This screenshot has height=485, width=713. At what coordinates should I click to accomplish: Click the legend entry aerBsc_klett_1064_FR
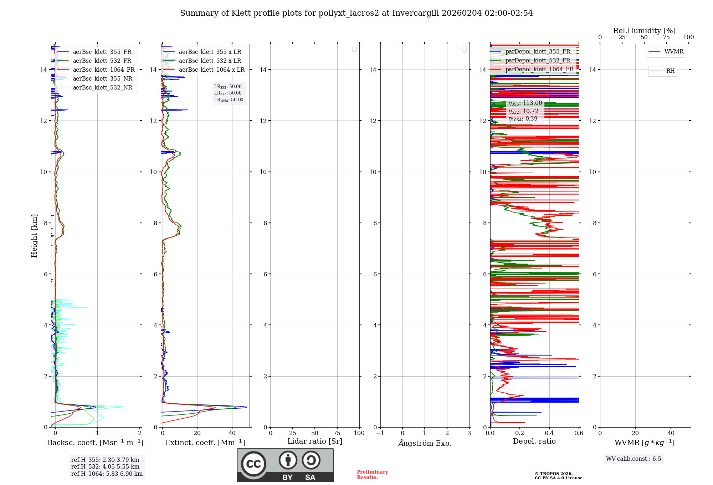coord(104,70)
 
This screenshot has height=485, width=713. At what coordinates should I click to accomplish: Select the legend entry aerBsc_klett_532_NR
coord(102,88)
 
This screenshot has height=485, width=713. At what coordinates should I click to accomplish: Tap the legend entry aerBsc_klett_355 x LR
coord(210,52)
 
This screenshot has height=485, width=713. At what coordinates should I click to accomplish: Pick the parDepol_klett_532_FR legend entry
coord(538,61)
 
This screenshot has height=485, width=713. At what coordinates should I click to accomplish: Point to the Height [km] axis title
coord(34,236)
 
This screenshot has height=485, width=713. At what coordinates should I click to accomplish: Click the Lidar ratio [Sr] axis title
coord(315,441)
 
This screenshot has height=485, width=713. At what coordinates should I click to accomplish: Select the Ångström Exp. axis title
coord(425,443)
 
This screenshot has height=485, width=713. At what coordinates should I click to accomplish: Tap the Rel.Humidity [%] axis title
coord(644,31)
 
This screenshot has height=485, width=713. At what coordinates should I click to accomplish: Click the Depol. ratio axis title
coord(534,441)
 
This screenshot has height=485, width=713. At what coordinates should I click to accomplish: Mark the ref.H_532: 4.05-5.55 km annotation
coord(105,467)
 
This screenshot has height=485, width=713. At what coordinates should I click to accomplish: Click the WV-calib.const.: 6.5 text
coord(634,459)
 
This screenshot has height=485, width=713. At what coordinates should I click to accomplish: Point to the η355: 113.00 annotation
coord(525,103)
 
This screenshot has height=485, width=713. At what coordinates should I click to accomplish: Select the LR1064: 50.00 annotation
coord(229,100)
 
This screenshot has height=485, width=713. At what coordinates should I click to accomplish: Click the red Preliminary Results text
coord(372,475)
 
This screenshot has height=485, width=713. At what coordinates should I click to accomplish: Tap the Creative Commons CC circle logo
coord(253,464)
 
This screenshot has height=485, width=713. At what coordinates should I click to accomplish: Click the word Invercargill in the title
coord(415,13)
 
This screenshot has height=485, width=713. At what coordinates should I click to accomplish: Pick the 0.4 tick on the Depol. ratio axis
coord(549,433)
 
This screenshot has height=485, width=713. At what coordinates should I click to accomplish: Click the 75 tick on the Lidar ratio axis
coord(337,433)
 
